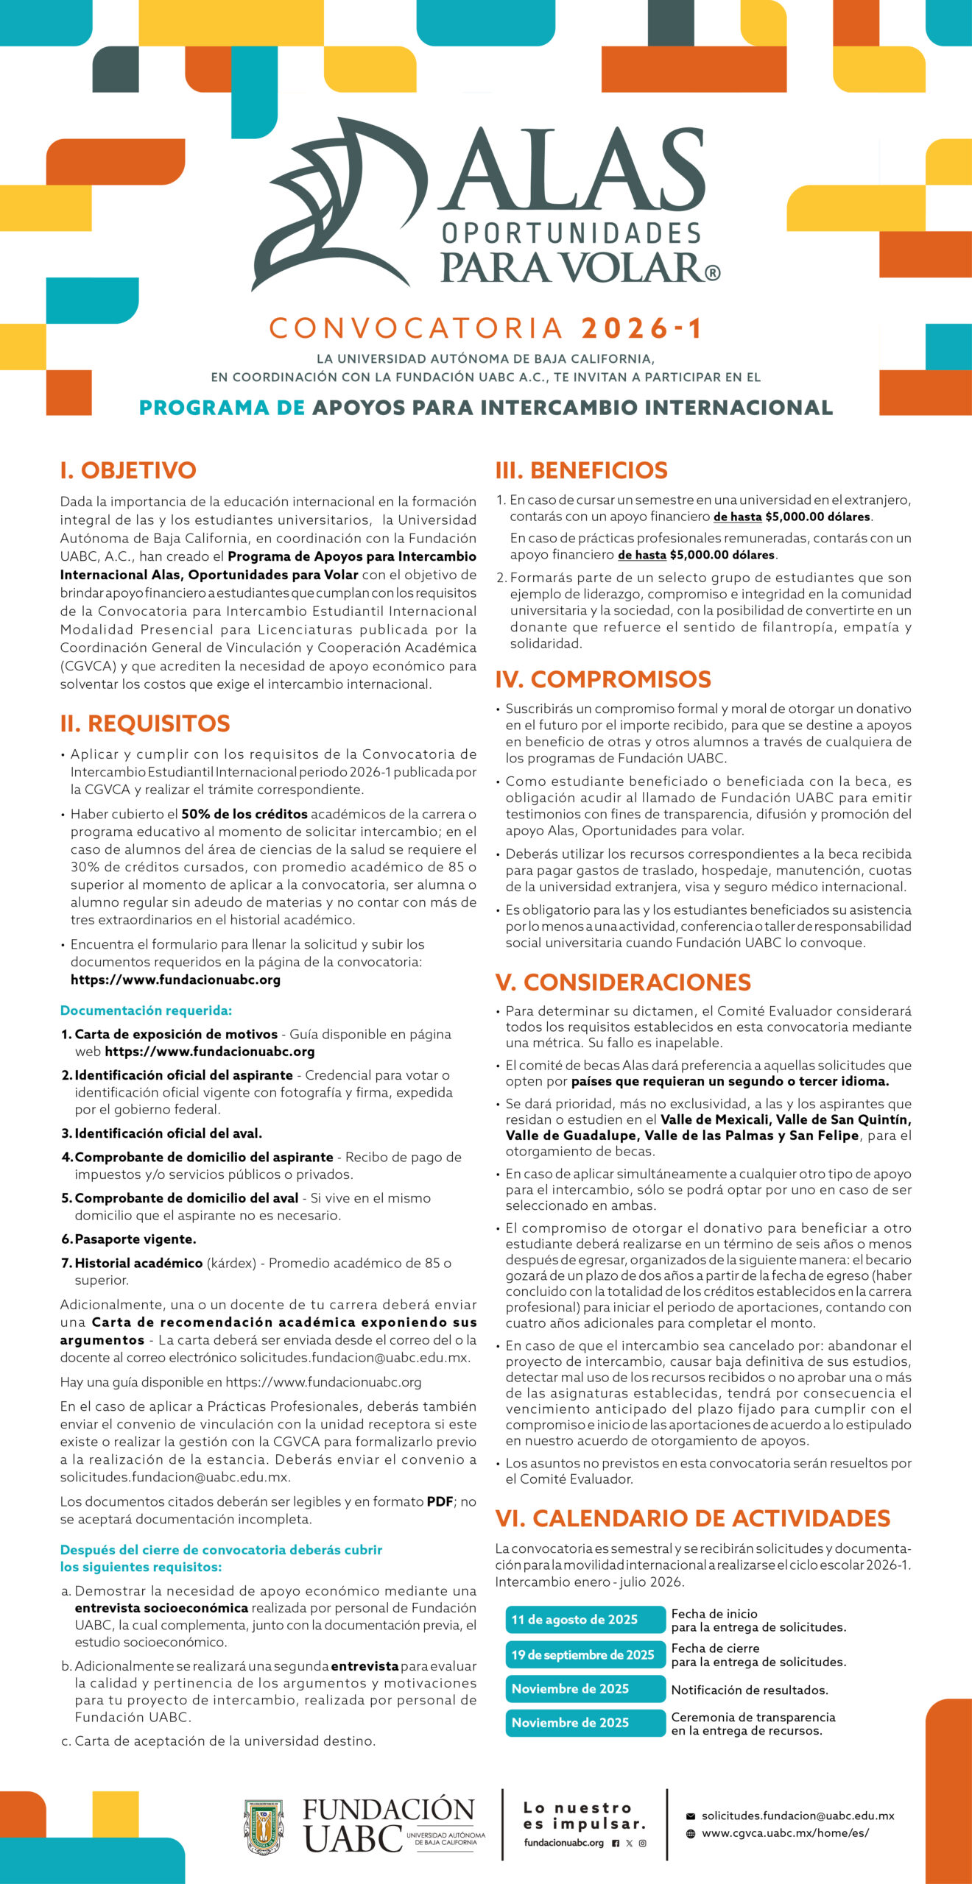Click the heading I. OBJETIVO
(128, 470)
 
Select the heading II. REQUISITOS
(145, 723)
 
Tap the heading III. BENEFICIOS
(582, 470)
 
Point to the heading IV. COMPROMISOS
(603, 679)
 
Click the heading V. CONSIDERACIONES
(623, 982)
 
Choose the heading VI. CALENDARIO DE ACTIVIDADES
(693, 1518)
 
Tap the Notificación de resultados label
(750, 1690)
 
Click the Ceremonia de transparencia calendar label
(753, 1724)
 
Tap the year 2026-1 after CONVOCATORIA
(642, 328)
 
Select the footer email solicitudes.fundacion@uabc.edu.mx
(797, 1816)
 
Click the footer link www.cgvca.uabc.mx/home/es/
(785, 1833)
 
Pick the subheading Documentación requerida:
(146, 1010)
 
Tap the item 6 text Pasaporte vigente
(135, 1239)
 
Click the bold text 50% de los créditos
(244, 814)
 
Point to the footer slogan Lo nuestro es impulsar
(585, 1816)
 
